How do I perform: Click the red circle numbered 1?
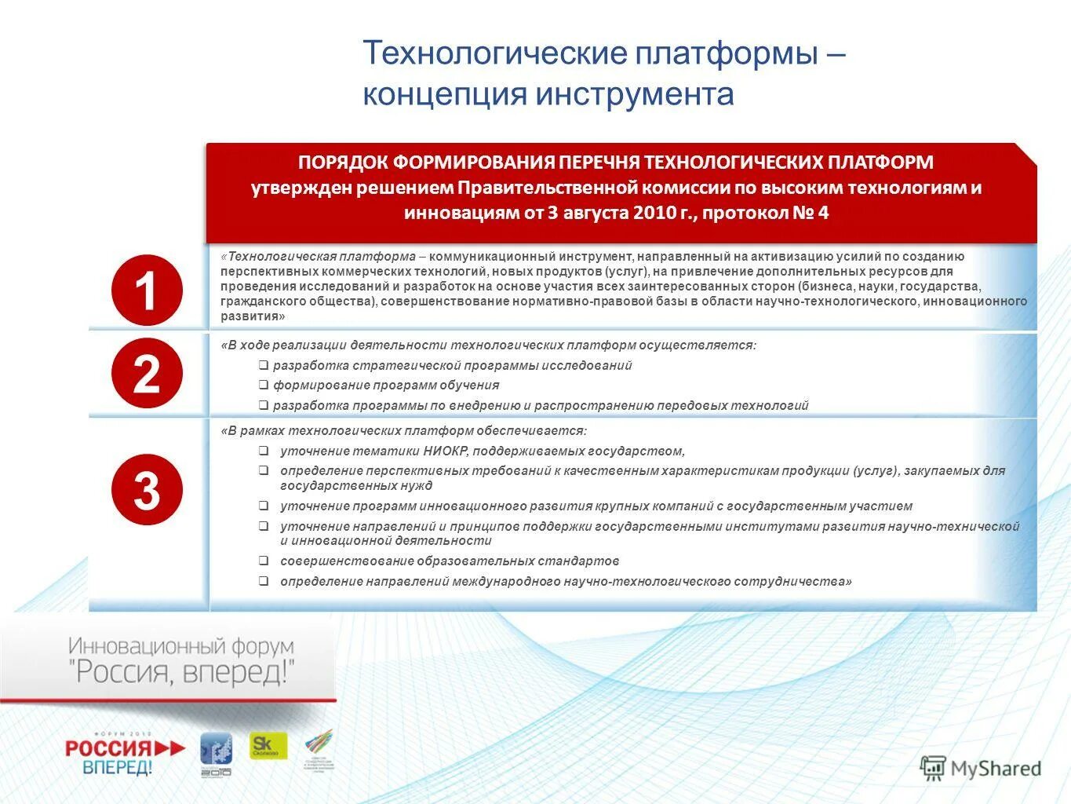point(147,291)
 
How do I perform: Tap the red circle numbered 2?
point(147,374)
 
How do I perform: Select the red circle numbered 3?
point(147,490)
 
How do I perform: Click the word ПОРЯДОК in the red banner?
point(342,163)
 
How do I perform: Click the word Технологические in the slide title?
point(494,53)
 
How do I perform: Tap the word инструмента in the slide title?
point(635,94)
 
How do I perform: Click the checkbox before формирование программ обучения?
point(264,385)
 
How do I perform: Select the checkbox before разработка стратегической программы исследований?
point(264,365)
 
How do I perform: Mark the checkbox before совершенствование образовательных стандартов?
point(264,561)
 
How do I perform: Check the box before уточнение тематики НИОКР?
point(264,451)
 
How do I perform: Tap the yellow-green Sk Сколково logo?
point(268,746)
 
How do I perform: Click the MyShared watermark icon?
point(933,768)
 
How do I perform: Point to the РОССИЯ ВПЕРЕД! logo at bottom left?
point(125,755)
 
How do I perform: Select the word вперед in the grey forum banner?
point(235,673)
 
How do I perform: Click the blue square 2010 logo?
point(216,754)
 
